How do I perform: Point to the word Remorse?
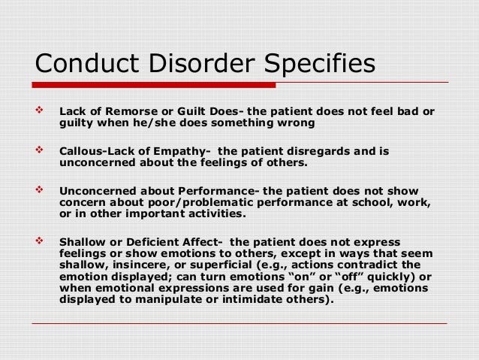click(129, 113)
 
